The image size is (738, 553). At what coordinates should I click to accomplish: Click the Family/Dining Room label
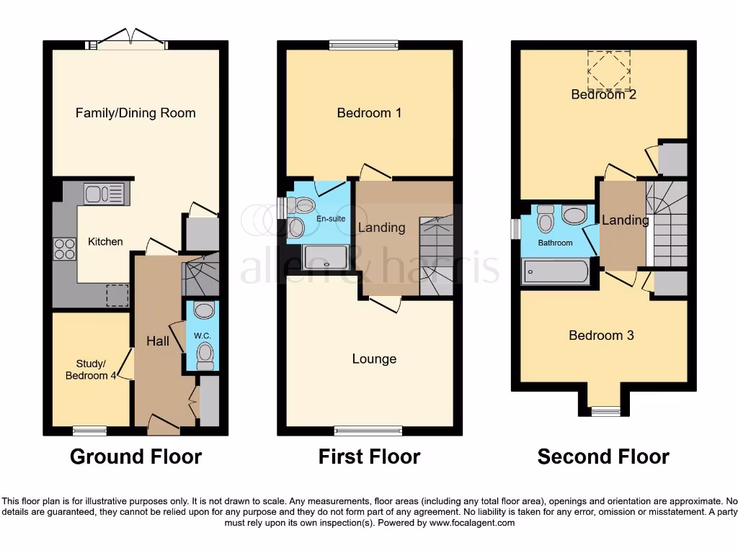pyautogui.click(x=135, y=113)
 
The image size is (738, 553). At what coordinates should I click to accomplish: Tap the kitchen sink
pyautogui.click(x=105, y=194)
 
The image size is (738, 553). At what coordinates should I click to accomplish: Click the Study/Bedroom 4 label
pyautogui.click(x=91, y=369)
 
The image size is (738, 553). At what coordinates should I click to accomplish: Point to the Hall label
pyautogui.click(x=158, y=341)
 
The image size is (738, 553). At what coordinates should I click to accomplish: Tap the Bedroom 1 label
pyautogui.click(x=369, y=113)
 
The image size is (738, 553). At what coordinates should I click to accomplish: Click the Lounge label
pyautogui.click(x=374, y=359)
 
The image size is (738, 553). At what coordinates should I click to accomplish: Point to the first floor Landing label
pyautogui.click(x=382, y=228)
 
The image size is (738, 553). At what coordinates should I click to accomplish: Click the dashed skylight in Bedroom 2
pyautogui.click(x=604, y=68)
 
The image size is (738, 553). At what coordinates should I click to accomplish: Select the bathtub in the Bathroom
pyautogui.click(x=556, y=271)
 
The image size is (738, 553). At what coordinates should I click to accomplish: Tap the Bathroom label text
pyautogui.click(x=556, y=243)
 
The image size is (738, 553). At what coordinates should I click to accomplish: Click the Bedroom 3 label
pyautogui.click(x=601, y=336)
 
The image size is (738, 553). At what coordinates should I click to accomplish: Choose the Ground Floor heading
pyautogui.click(x=135, y=457)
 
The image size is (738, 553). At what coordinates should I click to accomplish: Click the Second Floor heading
pyautogui.click(x=603, y=457)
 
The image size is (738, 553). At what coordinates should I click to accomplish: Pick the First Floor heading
pyautogui.click(x=369, y=457)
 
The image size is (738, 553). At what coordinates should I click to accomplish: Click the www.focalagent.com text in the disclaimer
pyautogui.click(x=472, y=523)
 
